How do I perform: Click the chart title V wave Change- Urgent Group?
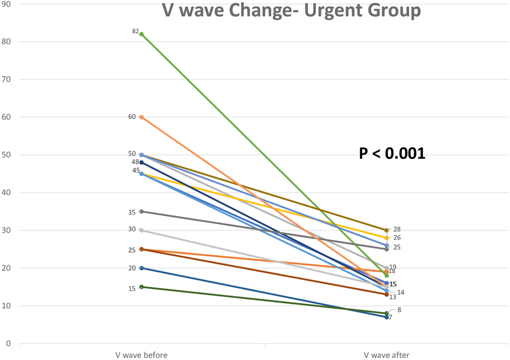291,10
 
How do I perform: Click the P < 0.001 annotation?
392,153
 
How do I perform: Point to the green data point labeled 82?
142,34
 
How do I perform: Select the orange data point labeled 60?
142,117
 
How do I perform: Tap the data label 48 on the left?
135,162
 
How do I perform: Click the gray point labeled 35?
142,211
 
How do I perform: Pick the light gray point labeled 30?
142,230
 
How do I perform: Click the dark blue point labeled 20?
142,268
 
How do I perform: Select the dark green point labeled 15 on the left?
142,287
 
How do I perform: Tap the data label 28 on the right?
396,229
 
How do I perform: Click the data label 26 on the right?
396,238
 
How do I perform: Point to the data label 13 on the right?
393,297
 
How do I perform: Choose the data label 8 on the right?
399,310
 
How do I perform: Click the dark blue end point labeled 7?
386,317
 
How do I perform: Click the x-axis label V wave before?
142,354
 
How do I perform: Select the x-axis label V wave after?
386,354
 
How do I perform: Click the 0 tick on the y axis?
8,343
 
